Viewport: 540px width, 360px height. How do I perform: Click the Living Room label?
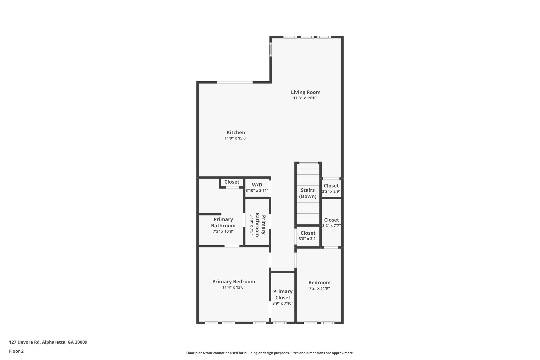click(x=306, y=92)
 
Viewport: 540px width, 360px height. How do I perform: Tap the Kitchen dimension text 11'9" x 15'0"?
click(x=236, y=138)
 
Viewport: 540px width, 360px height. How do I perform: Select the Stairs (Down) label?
click(x=308, y=193)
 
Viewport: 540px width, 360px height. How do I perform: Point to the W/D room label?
click(x=257, y=185)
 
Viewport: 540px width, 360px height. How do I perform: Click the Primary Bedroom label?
click(x=234, y=282)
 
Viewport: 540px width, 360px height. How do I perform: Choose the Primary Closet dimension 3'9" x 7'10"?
click(x=283, y=303)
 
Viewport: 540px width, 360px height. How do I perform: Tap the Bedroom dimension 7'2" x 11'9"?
click(x=319, y=288)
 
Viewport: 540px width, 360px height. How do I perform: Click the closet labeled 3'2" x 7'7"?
click(x=331, y=222)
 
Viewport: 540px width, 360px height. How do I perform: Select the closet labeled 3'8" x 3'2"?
click(x=308, y=236)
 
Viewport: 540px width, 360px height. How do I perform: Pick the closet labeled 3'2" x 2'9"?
click(x=331, y=188)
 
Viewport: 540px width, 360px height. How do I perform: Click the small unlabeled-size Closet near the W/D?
click(x=232, y=182)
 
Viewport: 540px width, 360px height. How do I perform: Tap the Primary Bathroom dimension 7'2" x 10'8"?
click(x=223, y=231)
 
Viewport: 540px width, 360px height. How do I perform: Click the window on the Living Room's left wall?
click(x=271, y=49)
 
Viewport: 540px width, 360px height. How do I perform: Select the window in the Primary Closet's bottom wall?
click(x=280, y=323)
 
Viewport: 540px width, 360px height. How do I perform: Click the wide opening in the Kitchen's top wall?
click(x=235, y=83)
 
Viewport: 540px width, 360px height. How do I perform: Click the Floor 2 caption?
click(x=16, y=351)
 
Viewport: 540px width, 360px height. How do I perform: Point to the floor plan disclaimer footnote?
click(x=270, y=353)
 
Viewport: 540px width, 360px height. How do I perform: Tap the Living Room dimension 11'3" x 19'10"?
click(x=306, y=98)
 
